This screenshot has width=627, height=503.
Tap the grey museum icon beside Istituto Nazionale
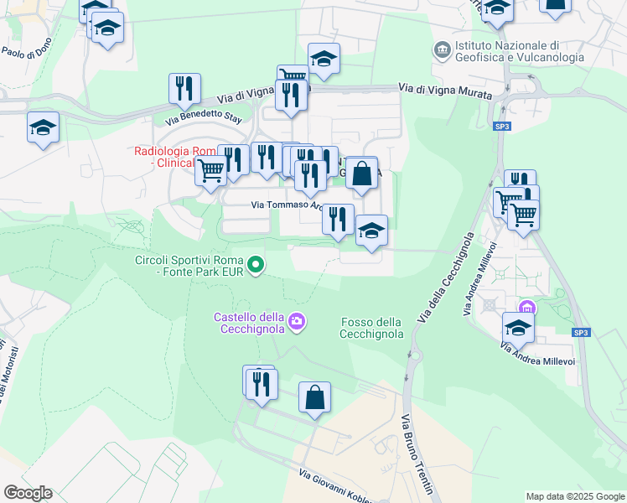point(442,50)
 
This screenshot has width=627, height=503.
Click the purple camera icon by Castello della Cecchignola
point(296,322)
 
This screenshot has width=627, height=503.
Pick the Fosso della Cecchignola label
point(372,328)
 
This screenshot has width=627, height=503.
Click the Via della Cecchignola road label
point(446,278)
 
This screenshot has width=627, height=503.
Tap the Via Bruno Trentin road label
point(416,454)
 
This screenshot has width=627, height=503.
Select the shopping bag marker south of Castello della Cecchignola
point(314,397)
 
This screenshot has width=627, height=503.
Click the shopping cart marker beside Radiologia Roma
point(210,170)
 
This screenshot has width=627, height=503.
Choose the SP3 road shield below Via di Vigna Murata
point(501,127)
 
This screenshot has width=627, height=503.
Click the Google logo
point(28,492)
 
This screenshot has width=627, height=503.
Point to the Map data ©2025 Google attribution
point(574,496)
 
